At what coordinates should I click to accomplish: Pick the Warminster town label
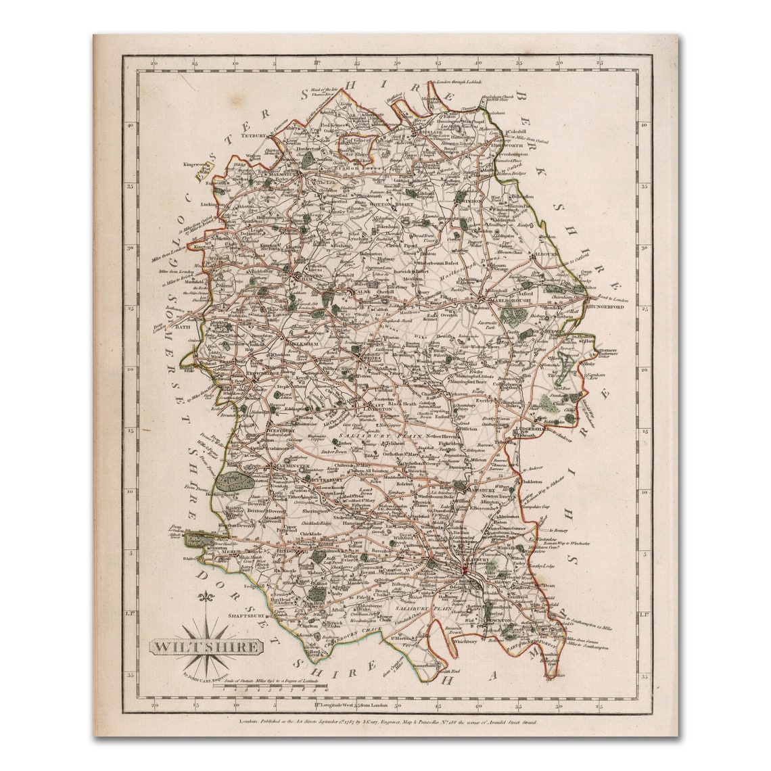(287, 467)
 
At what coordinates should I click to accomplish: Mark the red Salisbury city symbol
(464, 575)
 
